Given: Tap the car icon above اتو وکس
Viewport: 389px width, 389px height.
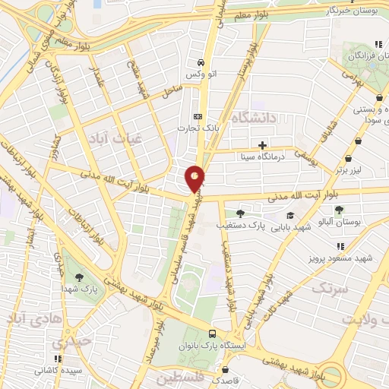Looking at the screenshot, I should click(200, 62).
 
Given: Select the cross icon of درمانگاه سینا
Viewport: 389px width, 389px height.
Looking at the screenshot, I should click(263, 145).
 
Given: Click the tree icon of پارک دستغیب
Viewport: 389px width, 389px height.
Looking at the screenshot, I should click(241, 213).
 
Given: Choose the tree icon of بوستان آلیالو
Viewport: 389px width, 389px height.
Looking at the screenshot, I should click(339, 210).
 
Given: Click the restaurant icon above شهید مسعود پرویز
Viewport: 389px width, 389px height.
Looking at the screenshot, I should click(340, 245).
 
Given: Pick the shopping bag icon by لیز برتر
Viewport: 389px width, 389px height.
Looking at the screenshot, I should click(348, 159).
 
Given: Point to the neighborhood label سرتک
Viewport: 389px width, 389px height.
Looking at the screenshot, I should click(329, 288).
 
